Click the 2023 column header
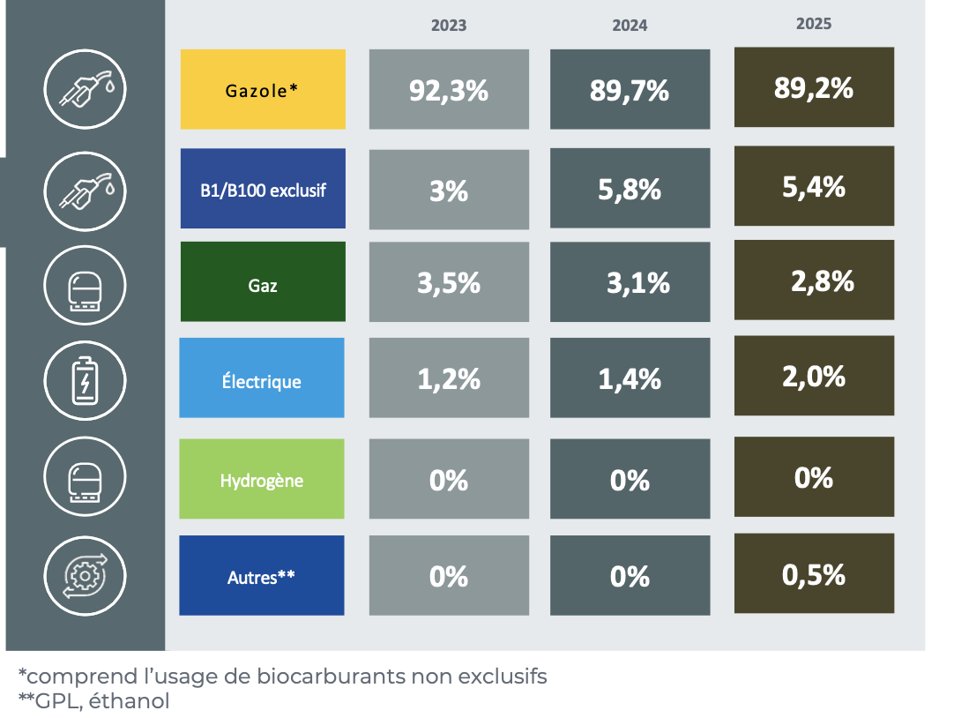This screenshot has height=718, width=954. (x=449, y=26)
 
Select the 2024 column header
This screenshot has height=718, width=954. (x=630, y=26)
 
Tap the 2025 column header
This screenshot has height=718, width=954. (x=813, y=24)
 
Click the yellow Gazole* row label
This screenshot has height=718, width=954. (x=262, y=89)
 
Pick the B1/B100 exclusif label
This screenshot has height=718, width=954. (x=262, y=189)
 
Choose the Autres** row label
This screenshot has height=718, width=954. (x=261, y=575)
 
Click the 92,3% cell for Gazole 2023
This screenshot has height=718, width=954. (x=449, y=90)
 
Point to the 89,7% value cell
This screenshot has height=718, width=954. (x=630, y=90)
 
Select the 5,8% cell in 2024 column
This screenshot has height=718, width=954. (x=630, y=189)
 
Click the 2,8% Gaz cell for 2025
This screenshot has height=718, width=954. (x=813, y=280)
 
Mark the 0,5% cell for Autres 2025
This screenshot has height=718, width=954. (x=813, y=574)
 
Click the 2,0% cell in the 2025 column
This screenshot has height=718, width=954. (x=813, y=376)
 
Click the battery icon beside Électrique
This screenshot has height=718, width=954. (x=85, y=381)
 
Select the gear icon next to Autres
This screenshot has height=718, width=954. (x=85, y=574)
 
